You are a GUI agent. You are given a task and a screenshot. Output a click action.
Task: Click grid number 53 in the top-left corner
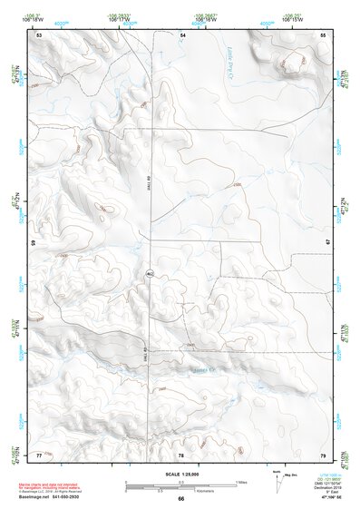39,34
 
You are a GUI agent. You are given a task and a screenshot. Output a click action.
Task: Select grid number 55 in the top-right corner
323,34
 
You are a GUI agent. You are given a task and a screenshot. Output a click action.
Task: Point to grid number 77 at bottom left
39,453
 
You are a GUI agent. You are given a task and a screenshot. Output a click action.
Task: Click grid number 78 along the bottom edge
181,453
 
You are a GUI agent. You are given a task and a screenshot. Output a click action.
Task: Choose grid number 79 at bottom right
323,453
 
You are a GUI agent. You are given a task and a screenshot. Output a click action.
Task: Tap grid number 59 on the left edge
34,243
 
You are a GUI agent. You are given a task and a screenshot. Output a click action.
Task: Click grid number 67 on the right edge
328,243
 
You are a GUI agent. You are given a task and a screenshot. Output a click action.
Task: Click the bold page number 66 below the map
180,498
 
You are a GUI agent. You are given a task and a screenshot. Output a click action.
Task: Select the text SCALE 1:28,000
180,474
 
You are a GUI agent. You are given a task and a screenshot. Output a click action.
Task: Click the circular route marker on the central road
150,272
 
